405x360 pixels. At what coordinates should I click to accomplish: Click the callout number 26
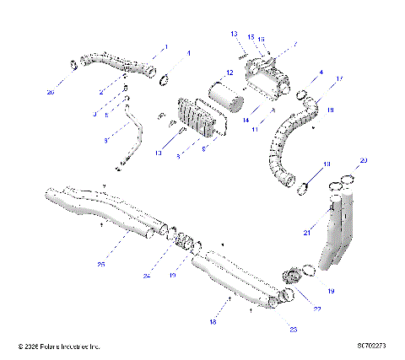click(x=50, y=91)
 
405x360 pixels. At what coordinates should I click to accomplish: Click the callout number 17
click(x=340, y=78)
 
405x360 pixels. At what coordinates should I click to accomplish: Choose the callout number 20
click(x=364, y=159)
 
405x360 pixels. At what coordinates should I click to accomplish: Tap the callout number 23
click(x=294, y=329)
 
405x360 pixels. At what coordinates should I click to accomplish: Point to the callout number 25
click(x=100, y=264)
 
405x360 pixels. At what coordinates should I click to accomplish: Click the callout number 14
click(x=246, y=121)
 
